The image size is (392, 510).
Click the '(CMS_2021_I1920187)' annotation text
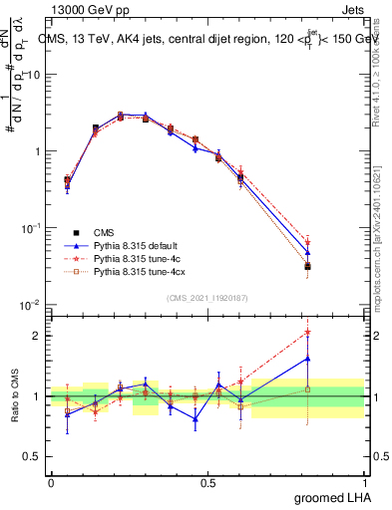click(x=206, y=298)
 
